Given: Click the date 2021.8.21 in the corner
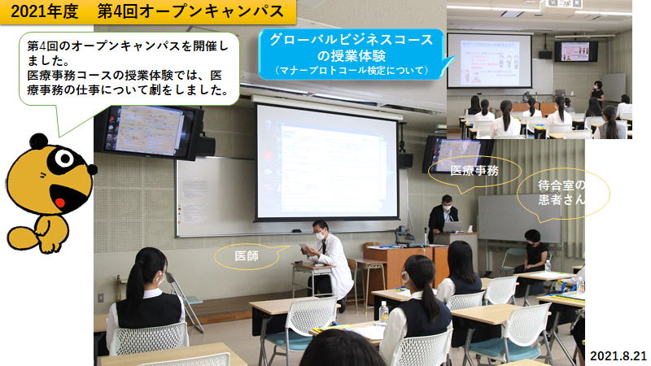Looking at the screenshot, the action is point(618,355).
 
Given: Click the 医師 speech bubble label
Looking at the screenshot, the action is point(247,256).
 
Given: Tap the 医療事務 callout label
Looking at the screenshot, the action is point(474,171).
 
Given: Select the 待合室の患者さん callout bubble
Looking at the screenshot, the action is point(562,193).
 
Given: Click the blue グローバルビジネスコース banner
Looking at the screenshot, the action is point(352,54).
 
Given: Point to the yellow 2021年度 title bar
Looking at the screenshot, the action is point(148,11).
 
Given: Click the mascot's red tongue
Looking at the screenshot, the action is point(60,203).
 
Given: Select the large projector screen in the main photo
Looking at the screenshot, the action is point(326,162).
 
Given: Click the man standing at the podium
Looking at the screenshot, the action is point(443,215).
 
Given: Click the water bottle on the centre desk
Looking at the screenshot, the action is point(383,312).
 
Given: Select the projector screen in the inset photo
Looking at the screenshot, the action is point(489,60).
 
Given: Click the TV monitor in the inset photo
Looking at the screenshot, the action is point(576,51).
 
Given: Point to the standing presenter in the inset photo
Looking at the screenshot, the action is point(597,94).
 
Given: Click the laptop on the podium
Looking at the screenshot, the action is point(452,227).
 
